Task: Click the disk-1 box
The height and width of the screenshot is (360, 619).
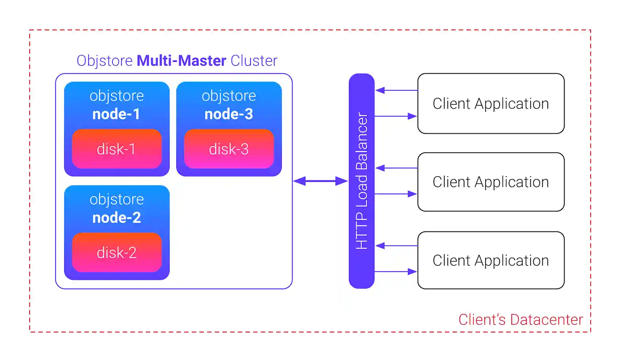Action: click(116, 149)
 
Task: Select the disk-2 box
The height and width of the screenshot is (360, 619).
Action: click(116, 253)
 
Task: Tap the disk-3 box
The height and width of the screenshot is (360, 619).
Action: click(229, 149)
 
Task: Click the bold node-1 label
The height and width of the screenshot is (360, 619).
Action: click(116, 114)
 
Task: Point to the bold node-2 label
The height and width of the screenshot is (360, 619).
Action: click(116, 218)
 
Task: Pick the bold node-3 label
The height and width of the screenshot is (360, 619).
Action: click(229, 114)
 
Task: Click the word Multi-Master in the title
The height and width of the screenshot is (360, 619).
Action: click(181, 60)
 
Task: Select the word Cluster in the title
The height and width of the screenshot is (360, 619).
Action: click(254, 60)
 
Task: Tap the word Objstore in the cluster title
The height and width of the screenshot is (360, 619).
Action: click(104, 60)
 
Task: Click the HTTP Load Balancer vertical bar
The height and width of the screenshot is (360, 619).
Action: click(361, 181)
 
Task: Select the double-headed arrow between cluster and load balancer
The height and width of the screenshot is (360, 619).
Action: click(320, 181)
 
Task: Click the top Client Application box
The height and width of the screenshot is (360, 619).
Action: click(490, 104)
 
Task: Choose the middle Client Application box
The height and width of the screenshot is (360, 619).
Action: click(490, 182)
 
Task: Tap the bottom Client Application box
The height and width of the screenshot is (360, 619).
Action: click(490, 260)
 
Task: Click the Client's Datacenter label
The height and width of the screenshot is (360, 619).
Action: click(520, 320)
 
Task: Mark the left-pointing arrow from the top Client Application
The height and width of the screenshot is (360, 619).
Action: click(396, 90)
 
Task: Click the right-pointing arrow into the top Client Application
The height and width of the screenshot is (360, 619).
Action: click(396, 116)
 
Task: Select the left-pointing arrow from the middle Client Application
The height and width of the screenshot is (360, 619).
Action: click(396, 168)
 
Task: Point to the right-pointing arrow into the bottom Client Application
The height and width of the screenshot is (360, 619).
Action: click(396, 272)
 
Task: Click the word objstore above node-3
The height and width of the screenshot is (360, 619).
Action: click(229, 96)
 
